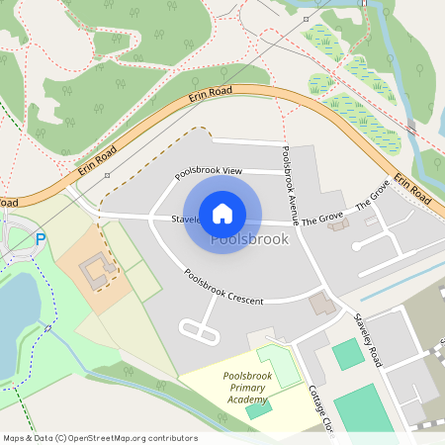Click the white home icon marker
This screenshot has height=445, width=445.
point(222,214)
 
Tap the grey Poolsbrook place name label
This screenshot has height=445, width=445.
point(250,239)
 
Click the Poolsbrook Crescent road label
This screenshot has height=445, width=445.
point(229,285)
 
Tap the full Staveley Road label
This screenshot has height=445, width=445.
point(366,341)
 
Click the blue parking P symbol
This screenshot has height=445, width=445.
point(41,238)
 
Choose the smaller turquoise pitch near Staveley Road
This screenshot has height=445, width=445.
point(347,353)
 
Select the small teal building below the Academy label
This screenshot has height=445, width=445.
point(259,409)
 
